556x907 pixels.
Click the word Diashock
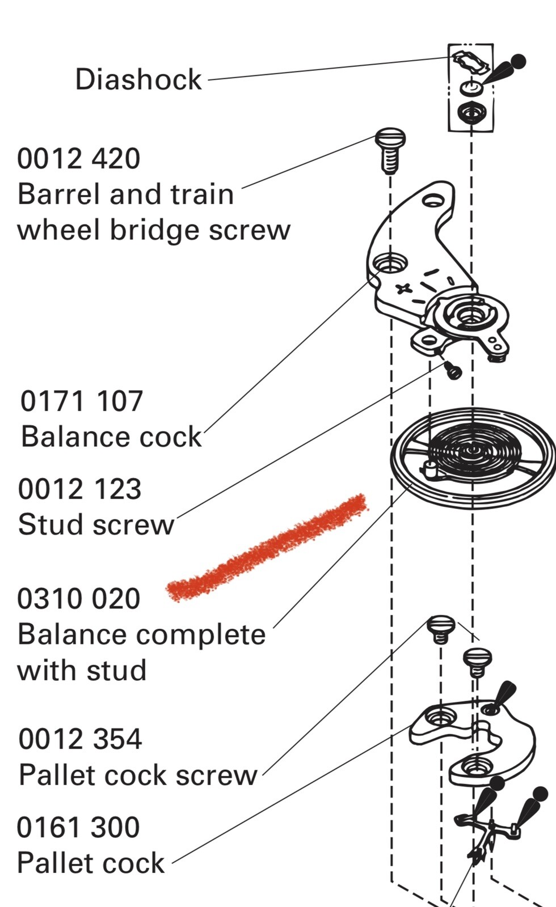138,79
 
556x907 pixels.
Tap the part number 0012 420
79,158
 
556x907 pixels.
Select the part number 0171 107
82,401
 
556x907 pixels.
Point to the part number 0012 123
79,489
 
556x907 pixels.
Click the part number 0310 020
79,599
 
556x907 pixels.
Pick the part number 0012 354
80,739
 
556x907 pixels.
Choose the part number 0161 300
78,827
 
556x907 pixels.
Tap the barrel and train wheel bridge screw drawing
390,151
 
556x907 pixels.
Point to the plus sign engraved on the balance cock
403,289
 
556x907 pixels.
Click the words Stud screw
96,524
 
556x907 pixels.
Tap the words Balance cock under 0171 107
111,436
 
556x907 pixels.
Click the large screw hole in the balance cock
390,264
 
